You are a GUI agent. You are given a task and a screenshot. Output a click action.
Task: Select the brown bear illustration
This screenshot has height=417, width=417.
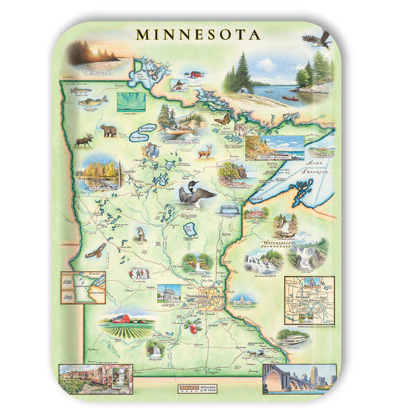click(108, 130)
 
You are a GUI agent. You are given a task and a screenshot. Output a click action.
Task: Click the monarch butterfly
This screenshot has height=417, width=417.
click(223, 119)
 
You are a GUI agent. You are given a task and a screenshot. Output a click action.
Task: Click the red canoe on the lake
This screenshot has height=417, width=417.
click(290, 98)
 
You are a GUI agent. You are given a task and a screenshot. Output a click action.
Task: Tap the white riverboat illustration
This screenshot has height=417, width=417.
click(292, 338)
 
